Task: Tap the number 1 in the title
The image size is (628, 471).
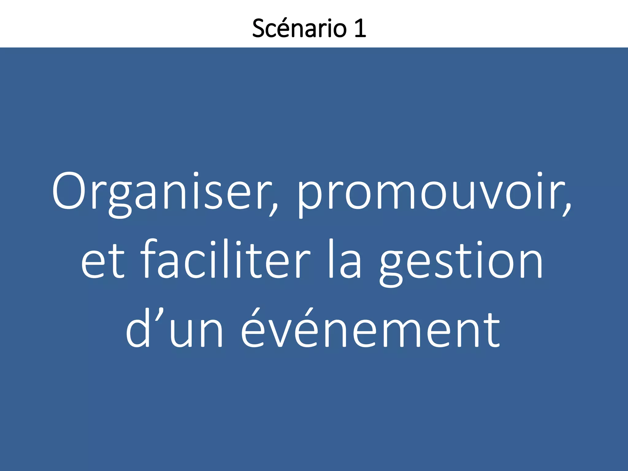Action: click(x=360, y=28)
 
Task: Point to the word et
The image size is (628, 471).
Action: click(x=103, y=261)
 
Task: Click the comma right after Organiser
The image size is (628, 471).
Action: click(x=274, y=209)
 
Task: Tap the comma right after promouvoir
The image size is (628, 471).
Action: click(x=567, y=209)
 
